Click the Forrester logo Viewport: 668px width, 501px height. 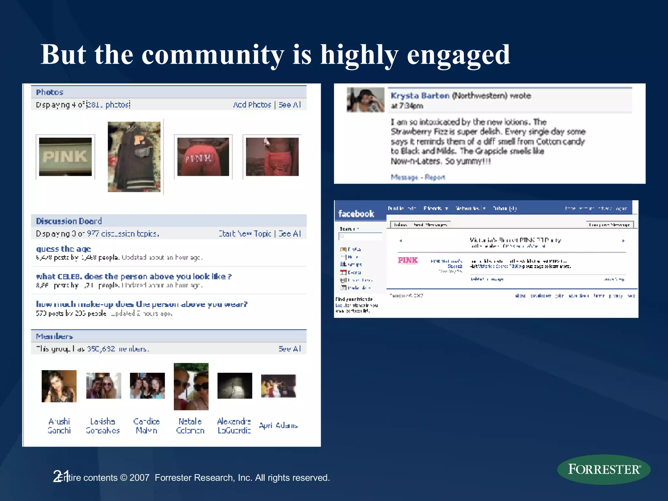(604, 469)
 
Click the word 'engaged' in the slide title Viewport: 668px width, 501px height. (458, 55)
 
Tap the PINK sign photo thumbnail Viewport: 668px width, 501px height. (65, 157)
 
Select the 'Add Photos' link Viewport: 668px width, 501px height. (252, 105)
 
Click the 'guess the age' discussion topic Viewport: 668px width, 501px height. (64, 249)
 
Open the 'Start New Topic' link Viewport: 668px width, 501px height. (245, 234)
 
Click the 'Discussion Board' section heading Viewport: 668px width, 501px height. (69, 221)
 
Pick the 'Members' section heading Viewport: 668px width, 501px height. (54, 336)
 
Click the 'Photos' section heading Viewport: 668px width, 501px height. (50, 92)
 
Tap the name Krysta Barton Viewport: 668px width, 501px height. (420, 96)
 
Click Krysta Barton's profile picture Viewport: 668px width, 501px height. (365, 100)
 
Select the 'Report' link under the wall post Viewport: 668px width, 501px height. (435, 177)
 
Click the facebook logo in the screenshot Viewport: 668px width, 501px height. (356, 214)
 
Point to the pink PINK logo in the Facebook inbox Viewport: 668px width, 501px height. (408, 260)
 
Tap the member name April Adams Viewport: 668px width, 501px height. (279, 425)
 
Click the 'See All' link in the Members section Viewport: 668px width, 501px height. (290, 349)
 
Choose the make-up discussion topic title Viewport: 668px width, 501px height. (142, 304)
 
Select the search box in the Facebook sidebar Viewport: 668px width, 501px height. (361, 236)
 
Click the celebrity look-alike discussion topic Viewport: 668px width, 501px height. (134, 277)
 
